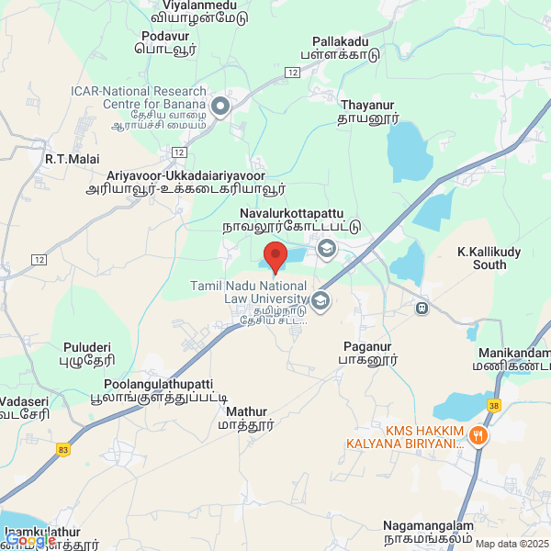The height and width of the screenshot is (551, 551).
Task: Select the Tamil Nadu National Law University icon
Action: [320, 300]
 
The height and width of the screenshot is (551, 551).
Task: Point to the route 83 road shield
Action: [62, 448]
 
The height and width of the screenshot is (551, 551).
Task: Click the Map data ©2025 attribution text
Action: [511, 543]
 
